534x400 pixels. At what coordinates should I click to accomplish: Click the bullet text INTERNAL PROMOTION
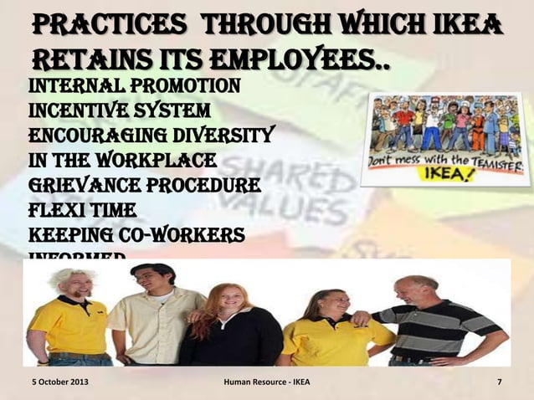click(x=134, y=85)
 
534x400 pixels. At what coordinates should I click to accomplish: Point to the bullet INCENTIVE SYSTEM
click(x=119, y=110)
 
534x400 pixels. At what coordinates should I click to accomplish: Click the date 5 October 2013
click(x=58, y=384)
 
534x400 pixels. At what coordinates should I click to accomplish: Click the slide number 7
click(x=499, y=384)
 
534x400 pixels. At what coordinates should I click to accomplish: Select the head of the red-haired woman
click(x=223, y=301)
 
